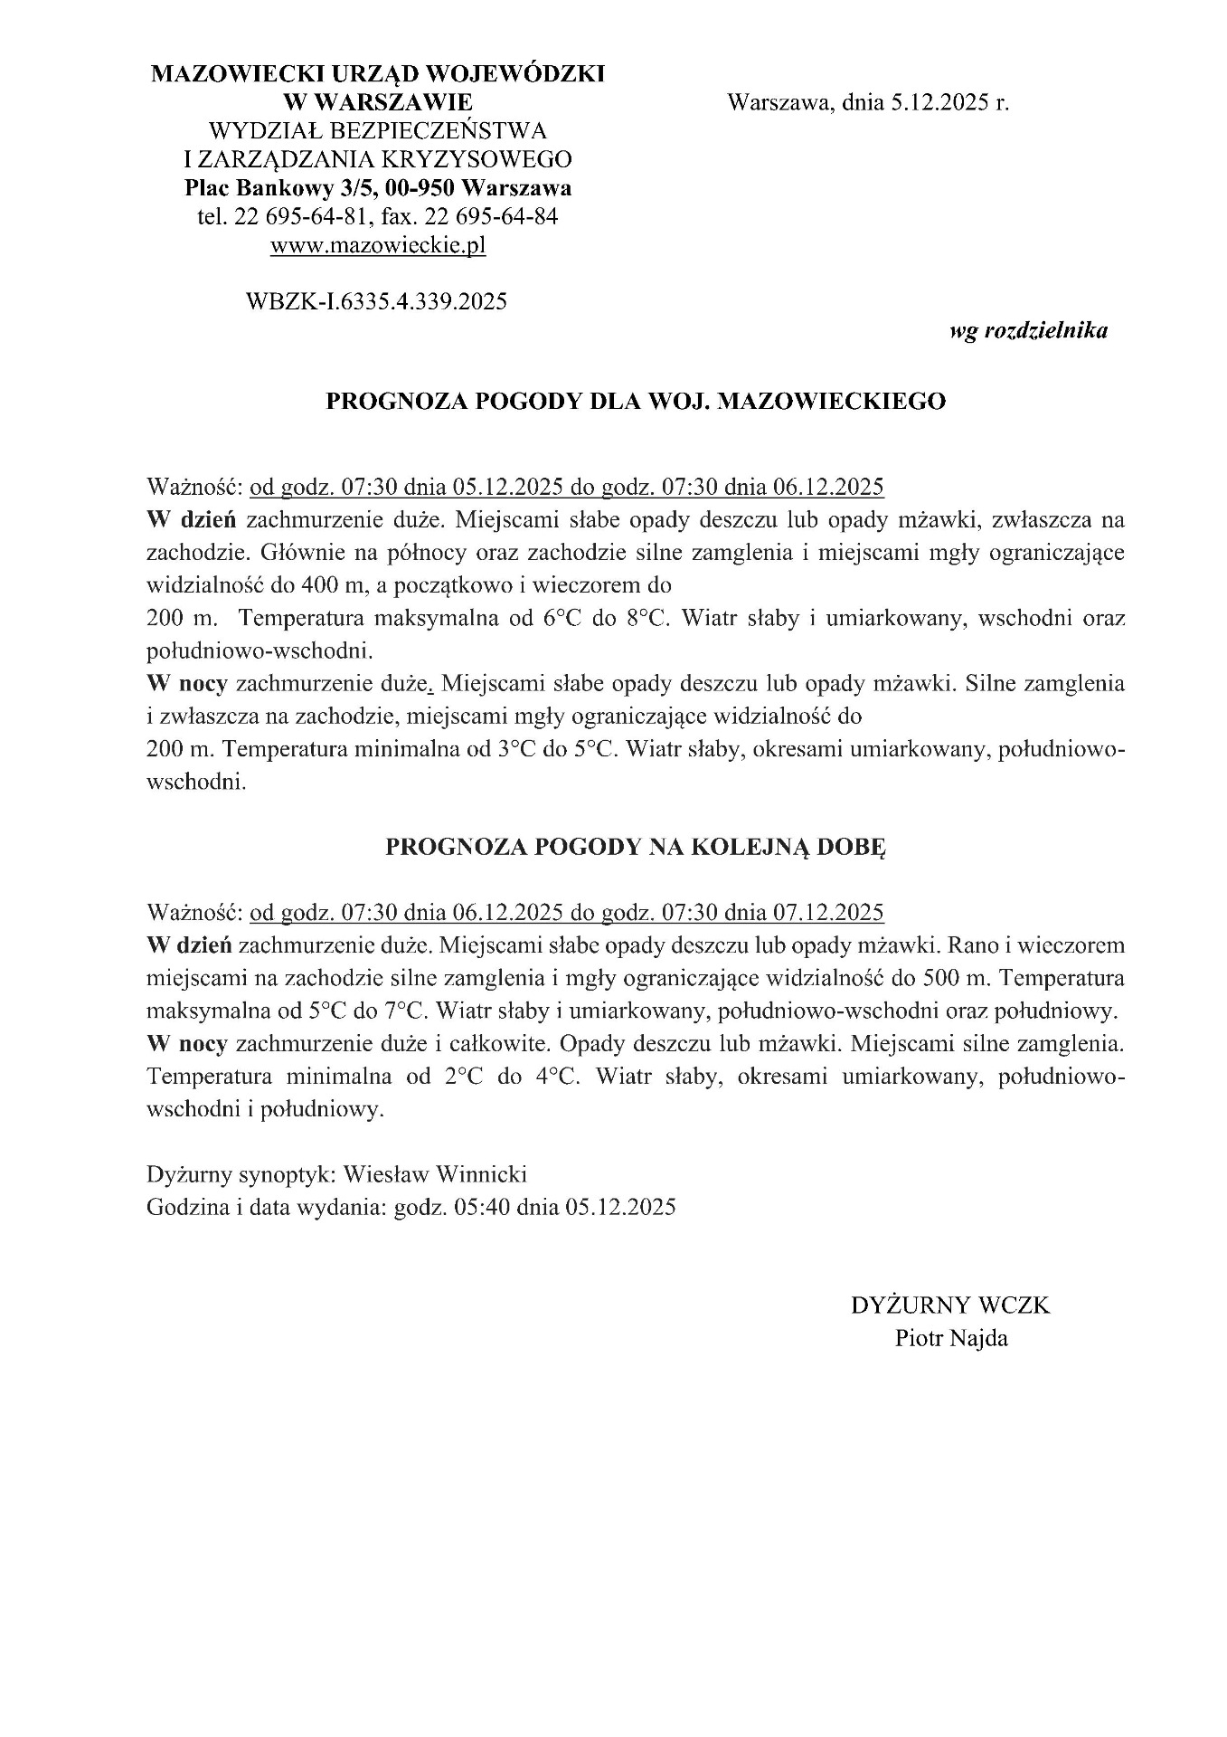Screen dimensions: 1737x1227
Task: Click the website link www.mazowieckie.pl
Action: point(378,245)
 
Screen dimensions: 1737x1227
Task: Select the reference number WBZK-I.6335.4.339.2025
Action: point(376,301)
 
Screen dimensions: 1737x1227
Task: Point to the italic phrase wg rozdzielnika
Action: point(1028,331)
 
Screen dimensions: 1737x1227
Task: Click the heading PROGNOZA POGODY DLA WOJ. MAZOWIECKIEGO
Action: point(635,402)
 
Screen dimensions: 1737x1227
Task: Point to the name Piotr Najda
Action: point(950,1338)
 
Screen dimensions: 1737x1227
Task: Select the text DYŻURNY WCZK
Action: point(950,1305)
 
